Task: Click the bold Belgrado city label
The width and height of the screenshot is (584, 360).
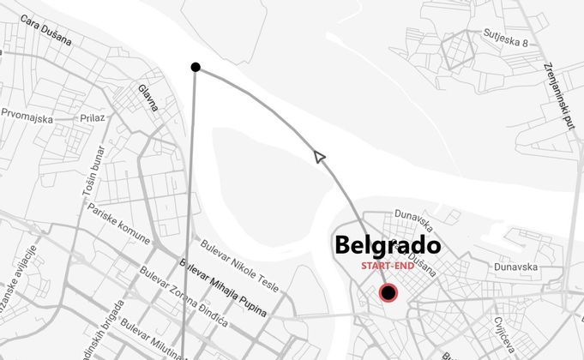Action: [x=388, y=245]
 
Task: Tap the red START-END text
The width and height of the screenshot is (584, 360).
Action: [x=388, y=267]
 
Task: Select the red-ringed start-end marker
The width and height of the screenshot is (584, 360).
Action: [x=388, y=294]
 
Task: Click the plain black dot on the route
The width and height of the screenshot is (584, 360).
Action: [x=196, y=67]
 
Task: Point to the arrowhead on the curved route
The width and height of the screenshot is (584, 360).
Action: [x=320, y=156]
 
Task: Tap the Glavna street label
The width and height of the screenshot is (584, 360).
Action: [x=148, y=98]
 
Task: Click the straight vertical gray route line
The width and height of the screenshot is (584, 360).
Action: [x=190, y=214]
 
